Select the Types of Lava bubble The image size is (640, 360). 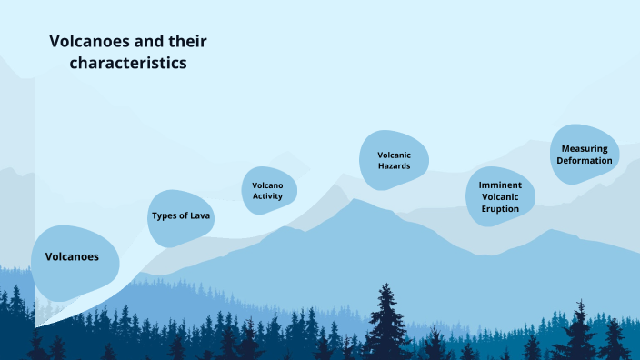click(181, 217)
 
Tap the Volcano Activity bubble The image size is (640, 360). click(268, 190)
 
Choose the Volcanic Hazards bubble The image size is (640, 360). click(395, 160)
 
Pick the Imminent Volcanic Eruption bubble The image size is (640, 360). click(500, 196)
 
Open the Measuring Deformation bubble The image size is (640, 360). click(585, 154)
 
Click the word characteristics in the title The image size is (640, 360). click(128, 64)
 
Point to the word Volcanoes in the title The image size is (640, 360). click(83, 41)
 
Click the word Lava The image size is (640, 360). click(201, 215)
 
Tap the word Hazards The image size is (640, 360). click(395, 166)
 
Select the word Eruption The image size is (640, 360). click(500, 209)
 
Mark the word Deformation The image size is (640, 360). click(585, 161)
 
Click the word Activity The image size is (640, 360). click(268, 196)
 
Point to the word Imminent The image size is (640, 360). click(500, 184)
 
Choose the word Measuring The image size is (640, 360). click(585, 148)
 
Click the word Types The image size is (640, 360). click(165, 215)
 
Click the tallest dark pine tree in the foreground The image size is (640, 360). click(388, 318)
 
